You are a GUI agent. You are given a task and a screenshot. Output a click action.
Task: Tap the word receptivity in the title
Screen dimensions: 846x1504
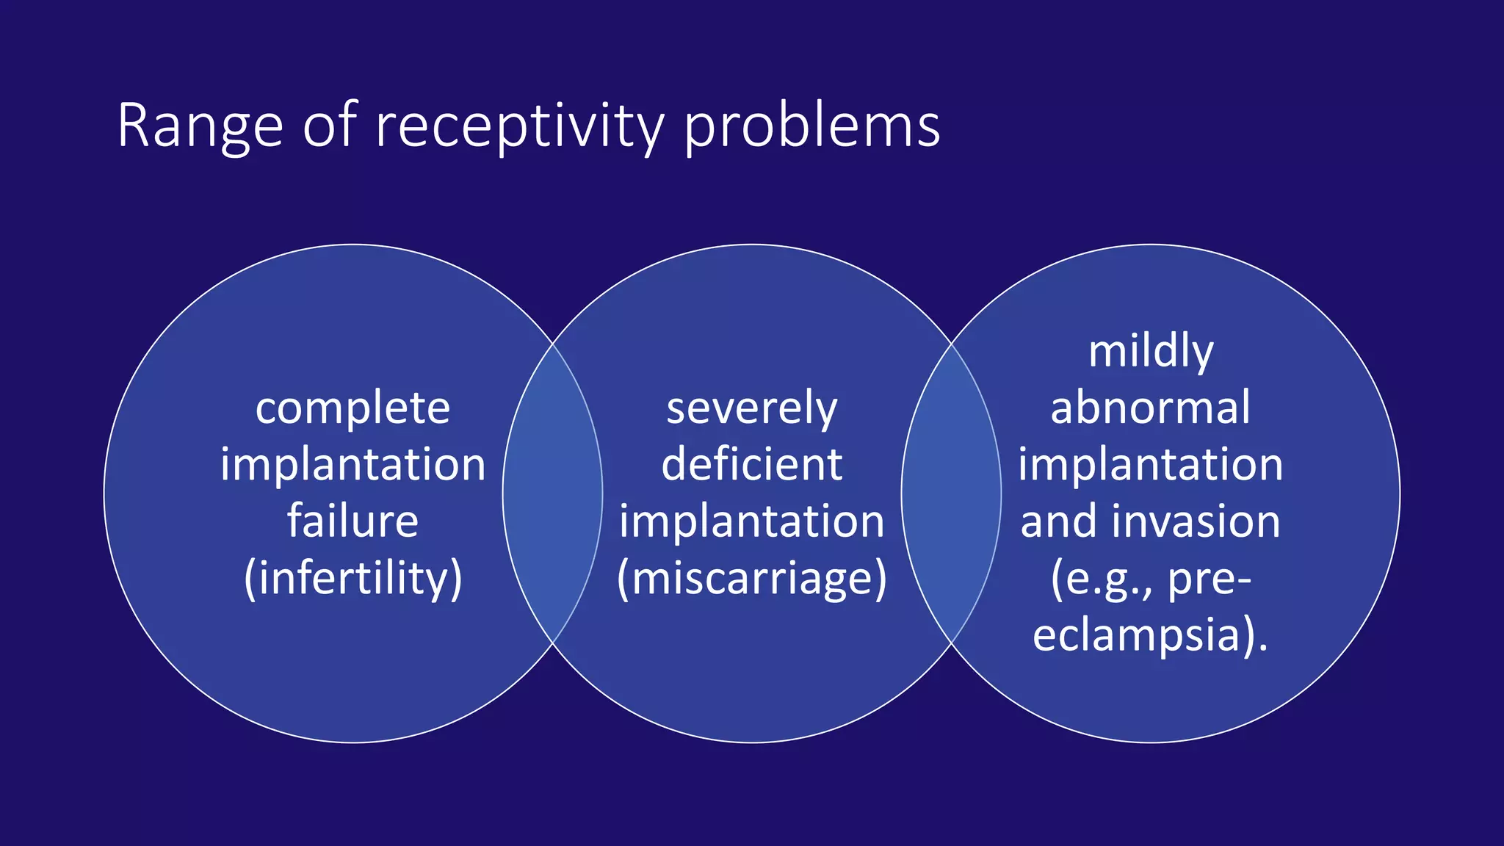[x=520, y=126]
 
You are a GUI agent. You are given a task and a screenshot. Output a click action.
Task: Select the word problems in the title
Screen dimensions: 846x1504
[x=811, y=126]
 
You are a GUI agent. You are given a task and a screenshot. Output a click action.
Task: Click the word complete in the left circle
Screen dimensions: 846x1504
[x=352, y=408]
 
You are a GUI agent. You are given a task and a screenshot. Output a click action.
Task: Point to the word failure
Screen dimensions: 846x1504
[x=352, y=521]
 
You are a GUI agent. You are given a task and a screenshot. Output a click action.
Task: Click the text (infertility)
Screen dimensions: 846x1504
[x=352, y=579]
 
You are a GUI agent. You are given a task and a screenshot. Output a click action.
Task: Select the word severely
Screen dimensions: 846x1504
[x=751, y=408]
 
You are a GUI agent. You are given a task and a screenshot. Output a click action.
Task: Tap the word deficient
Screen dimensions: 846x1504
[x=751, y=465]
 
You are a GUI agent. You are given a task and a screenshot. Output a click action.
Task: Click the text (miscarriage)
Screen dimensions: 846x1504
[x=751, y=579]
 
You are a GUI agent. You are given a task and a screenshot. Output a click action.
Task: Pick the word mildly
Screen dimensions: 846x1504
[x=1150, y=352]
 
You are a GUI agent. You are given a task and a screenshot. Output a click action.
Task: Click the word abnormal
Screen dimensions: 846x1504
[x=1150, y=408]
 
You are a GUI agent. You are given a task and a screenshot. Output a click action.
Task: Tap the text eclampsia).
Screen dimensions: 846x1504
[x=1150, y=635]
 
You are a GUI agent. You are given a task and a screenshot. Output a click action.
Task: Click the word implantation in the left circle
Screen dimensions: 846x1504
[x=352, y=465]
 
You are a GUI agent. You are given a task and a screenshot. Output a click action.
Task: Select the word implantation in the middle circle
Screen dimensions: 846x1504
[x=751, y=521]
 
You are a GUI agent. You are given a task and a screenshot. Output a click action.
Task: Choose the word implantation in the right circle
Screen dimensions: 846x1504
[x=1150, y=465]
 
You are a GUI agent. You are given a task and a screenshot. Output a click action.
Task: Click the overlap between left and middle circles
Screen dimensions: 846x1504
[x=552, y=492]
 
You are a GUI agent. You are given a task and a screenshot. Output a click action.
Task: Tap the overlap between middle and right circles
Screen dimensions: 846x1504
[x=951, y=492]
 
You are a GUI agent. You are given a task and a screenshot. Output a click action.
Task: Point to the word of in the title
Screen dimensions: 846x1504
[x=330, y=126]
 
